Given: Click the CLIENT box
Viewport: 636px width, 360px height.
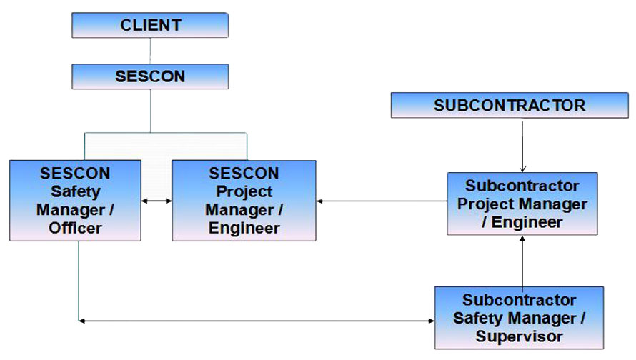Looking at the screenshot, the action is point(150,25).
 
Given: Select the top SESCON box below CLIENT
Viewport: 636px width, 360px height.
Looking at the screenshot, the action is point(150,76).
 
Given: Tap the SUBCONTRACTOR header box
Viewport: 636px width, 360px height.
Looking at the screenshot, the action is point(510,106).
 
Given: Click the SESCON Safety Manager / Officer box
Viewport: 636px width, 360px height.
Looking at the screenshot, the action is point(76,201).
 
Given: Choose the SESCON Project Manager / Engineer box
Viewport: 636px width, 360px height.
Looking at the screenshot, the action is point(244,201).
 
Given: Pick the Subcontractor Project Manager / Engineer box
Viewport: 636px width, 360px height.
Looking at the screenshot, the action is point(522,204).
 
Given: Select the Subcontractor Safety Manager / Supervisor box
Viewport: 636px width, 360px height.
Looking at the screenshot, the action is point(520,318).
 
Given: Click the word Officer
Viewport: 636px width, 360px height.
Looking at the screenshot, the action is point(75,228).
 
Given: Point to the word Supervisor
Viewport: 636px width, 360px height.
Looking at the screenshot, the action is point(520,336).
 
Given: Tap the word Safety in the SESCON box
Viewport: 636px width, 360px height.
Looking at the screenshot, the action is point(76,191).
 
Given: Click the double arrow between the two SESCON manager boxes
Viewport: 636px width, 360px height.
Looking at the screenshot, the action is point(156,201).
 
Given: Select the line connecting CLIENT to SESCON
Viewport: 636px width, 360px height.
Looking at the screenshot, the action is point(150,51).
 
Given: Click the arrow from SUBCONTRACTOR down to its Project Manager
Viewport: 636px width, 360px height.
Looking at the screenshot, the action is point(522,146).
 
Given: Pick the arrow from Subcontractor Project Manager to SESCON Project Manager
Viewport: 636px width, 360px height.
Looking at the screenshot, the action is point(382,201).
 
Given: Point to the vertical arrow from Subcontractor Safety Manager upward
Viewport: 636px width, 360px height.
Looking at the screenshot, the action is point(522,263).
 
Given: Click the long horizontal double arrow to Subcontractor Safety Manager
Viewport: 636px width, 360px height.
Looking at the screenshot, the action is point(257,321).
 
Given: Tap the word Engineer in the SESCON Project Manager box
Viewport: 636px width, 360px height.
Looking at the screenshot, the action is point(244,228).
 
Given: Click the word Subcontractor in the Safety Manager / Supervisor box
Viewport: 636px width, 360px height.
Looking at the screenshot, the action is point(520,300).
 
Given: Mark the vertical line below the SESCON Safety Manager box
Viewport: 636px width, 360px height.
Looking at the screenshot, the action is point(79,281).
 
